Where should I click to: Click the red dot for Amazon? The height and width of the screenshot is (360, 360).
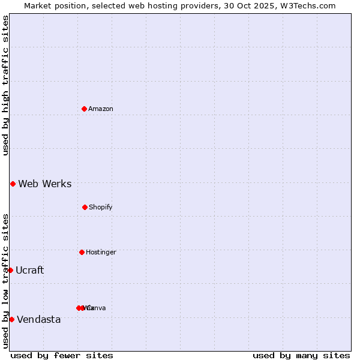click(85, 109)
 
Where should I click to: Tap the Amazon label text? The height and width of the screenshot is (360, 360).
click(101, 109)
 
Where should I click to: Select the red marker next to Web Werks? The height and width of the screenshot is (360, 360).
click(13, 184)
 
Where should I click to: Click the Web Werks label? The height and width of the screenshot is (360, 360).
click(45, 184)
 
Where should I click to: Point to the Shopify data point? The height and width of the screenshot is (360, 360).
click(85, 207)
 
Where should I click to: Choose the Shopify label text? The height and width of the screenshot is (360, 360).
click(101, 207)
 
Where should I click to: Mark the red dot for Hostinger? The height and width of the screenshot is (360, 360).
click(82, 252)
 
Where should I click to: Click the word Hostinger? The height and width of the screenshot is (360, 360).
click(101, 252)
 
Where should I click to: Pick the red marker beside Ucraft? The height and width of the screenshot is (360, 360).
click(10, 270)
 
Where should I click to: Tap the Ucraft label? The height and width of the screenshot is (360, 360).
click(30, 270)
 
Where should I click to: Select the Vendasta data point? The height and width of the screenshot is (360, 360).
click(11, 319)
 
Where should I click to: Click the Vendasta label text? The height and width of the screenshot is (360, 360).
click(39, 319)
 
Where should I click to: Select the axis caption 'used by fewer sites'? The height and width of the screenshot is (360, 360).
click(62, 355)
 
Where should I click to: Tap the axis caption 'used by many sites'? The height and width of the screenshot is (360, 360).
click(301, 355)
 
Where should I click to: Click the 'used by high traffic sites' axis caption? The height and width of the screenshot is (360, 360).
click(5, 85)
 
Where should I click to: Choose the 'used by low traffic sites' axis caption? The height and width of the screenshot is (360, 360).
click(5, 281)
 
